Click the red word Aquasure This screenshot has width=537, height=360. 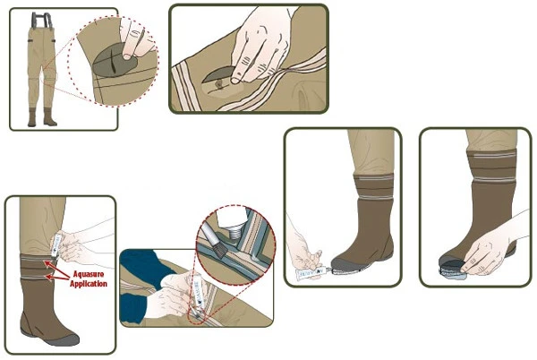89,274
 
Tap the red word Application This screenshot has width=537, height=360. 89,284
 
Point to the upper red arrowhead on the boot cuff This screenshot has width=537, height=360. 46,263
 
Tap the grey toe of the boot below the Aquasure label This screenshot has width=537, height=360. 62,339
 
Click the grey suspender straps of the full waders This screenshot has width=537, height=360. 42,21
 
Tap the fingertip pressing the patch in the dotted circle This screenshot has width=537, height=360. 128,56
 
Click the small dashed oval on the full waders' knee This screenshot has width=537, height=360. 49,77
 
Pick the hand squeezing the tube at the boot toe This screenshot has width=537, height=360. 303,250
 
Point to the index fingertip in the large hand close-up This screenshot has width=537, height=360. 235,80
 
